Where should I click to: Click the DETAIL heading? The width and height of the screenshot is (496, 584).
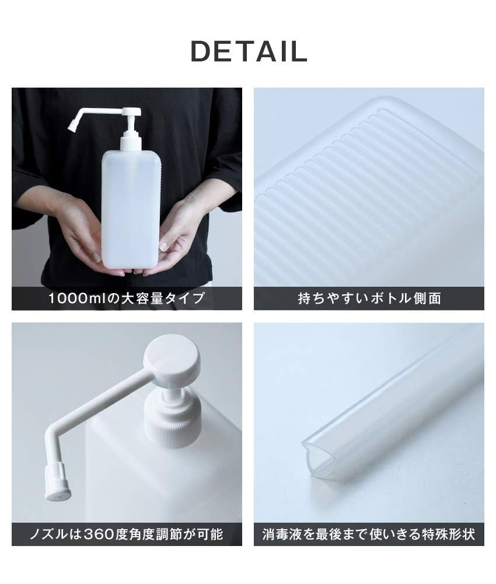point(249,51)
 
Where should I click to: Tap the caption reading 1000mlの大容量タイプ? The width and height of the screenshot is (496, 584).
point(127,298)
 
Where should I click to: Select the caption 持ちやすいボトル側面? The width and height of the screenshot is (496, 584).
point(369,298)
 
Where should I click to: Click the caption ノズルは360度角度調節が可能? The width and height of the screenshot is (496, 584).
point(127,534)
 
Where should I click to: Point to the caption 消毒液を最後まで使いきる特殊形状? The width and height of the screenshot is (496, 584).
point(369,534)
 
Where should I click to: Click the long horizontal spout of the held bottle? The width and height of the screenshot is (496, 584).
point(99,111)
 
